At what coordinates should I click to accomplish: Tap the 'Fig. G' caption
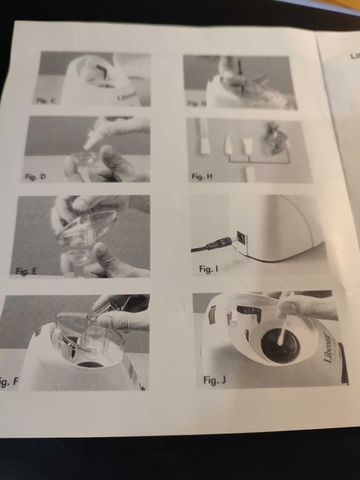[x=196, y=103]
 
